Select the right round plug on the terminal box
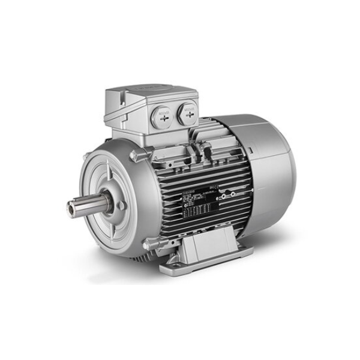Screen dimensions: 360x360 pyautogui.click(x=188, y=111)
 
